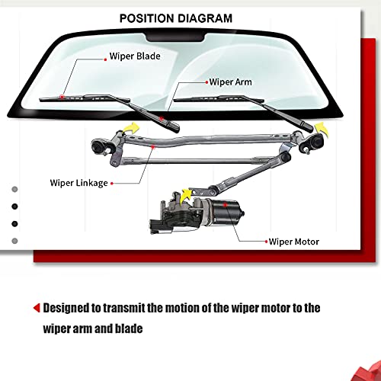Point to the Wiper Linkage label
pyautogui.click(x=79, y=183)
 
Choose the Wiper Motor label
pyautogui.click(x=294, y=242)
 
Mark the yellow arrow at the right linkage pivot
pyautogui.click(x=323, y=126)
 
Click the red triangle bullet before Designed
pyautogui.click(x=36, y=309)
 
